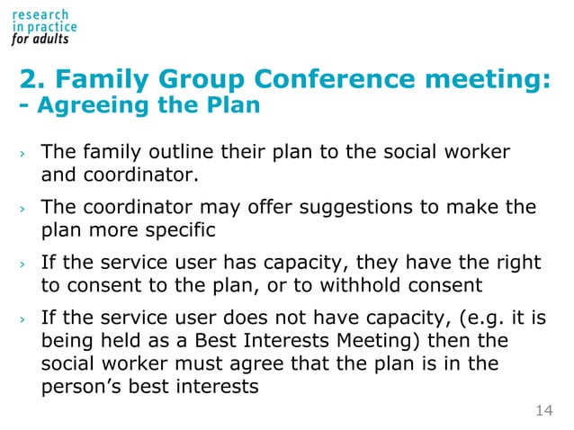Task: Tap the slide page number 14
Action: [543, 411]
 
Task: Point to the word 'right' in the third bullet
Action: [520, 263]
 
